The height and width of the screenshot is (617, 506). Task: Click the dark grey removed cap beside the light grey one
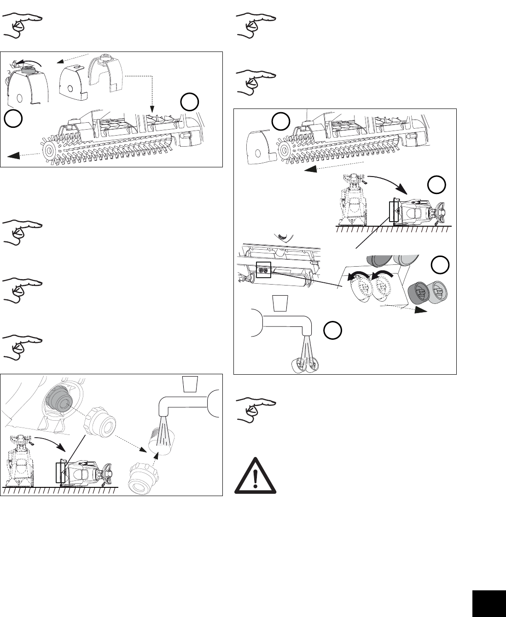418,292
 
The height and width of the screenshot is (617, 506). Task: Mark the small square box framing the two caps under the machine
263,271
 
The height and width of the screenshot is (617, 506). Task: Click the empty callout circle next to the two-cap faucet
332,331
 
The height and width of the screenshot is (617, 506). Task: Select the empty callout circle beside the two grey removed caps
439,265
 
